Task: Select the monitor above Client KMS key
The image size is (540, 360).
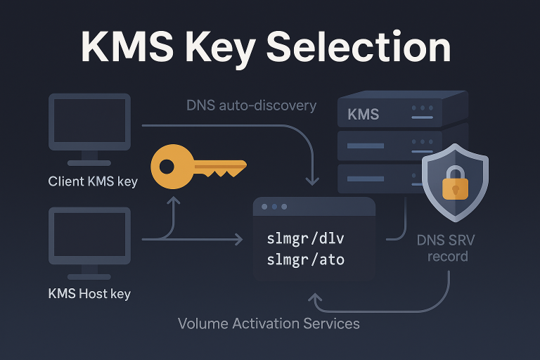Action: [89, 124]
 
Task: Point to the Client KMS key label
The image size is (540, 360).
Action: [93, 181]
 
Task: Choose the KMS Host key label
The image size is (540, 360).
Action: [89, 293]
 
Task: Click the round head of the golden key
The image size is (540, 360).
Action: [169, 168]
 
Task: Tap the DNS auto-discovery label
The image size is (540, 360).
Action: [251, 105]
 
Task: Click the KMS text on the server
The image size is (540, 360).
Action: [364, 114]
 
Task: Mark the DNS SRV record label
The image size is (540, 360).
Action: [445, 247]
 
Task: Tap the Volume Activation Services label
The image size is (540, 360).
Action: [269, 323]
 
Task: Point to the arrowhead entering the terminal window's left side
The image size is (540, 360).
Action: [238, 240]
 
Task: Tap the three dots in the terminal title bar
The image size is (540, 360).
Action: [274, 207]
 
